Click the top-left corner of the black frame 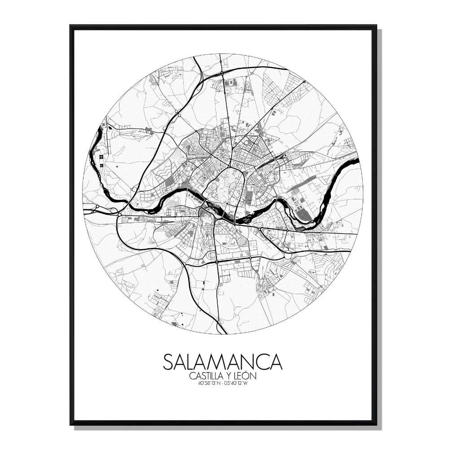(71, 26)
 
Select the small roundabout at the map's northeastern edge (304, 82)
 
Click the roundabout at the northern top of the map (222, 72)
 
